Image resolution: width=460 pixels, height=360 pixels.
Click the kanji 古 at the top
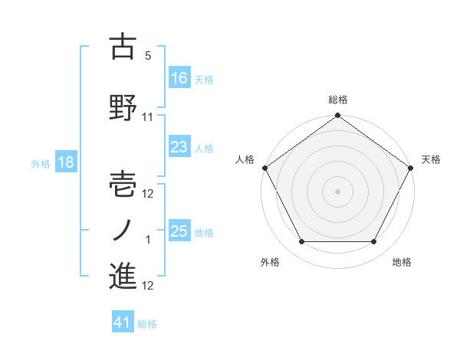click(x=123, y=47)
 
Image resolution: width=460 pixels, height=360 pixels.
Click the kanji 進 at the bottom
click(x=123, y=277)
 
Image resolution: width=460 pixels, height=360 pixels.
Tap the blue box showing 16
click(x=179, y=77)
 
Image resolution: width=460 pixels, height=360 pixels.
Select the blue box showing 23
click(x=179, y=148)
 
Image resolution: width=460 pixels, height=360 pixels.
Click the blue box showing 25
click(x=179, y=231)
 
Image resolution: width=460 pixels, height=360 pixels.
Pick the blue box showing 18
click(x=65, y=162)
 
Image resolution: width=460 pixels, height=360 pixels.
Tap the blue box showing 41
click(x=123, y=323)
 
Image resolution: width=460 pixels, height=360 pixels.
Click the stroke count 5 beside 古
click(x=148, y=57)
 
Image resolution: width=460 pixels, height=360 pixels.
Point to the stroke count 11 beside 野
click(x=148, y=117)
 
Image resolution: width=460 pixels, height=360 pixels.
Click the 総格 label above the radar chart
click(x=338, y=100)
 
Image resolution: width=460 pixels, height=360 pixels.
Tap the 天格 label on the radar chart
click(x=432, y=159)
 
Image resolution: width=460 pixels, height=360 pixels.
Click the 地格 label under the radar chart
click(x=402, y=262)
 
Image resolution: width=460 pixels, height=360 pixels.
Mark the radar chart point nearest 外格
click(x=301, y=242)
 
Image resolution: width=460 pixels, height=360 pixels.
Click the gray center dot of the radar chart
click(x=338, y=191)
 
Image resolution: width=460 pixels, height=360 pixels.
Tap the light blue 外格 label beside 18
click(x=40, y=163)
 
